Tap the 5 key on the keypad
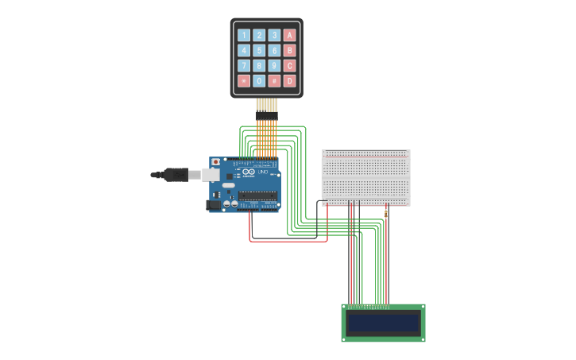259,50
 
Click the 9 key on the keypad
274,65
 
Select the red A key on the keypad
289,35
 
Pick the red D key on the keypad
289,80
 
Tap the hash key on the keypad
274,80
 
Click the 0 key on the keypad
259,80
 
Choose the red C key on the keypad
289,65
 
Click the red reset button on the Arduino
215,162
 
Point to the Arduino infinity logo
249,172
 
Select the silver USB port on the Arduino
211,174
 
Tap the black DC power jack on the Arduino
213,204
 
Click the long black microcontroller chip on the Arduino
257,195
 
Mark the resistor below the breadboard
386,213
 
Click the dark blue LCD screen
383,323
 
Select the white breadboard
365,177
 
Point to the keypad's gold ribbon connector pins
267,105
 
